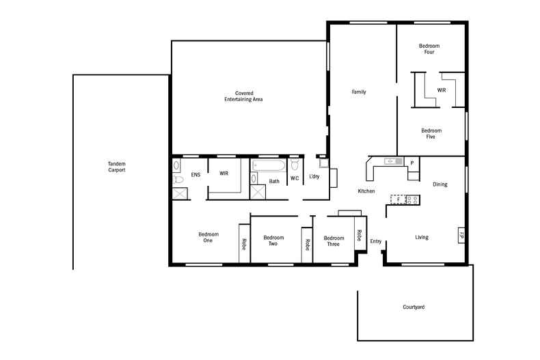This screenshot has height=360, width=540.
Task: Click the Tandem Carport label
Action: coord(117,167)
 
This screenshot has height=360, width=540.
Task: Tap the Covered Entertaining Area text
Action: coord(244,96)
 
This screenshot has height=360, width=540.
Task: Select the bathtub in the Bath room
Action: coord(269,165)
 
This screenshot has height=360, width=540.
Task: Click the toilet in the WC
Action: coord(295,165)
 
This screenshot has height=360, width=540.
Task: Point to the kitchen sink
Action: coord(392,162)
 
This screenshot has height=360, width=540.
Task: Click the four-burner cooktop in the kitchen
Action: coord(413,199)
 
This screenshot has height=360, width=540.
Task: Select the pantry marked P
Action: coord(412,162)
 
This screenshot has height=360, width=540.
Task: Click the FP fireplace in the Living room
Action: coord(461,236)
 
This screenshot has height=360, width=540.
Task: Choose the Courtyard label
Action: coord(414,307)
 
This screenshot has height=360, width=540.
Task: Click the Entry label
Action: coord(376,241)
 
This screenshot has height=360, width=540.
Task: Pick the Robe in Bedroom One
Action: coord(244,243)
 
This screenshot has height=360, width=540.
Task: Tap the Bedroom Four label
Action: coord(429,49)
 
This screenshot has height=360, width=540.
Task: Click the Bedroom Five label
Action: coord(431,133)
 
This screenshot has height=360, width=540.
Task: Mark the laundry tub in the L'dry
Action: coord(324,163)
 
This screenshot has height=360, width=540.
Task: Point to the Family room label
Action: coord(360,92)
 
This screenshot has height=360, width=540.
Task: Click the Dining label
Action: coord(440,184)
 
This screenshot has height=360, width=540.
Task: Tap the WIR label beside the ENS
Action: coord(224,174)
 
